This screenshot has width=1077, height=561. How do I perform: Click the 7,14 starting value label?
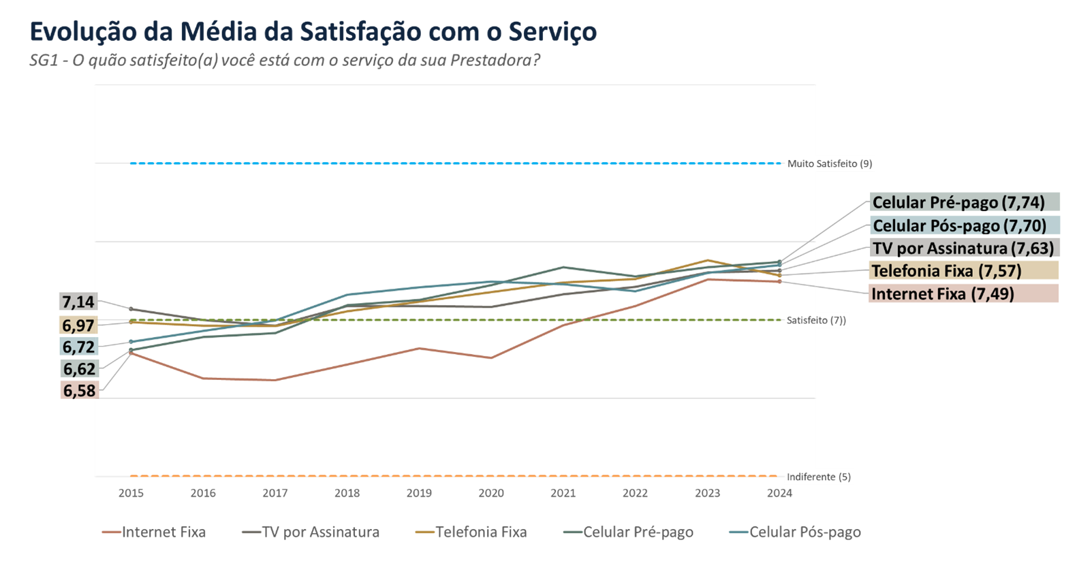78,302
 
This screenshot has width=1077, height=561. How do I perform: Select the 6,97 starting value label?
78,325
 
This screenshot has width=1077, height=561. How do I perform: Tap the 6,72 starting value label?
78,347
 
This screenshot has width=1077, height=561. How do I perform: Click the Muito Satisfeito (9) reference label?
830,163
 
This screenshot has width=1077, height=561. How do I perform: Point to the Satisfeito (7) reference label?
816,320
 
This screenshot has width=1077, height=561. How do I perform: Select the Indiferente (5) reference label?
818,477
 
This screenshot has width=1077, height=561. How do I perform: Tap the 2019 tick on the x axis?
419,493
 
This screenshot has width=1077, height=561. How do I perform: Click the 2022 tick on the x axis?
635,493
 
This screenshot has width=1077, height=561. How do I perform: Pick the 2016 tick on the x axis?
203,493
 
